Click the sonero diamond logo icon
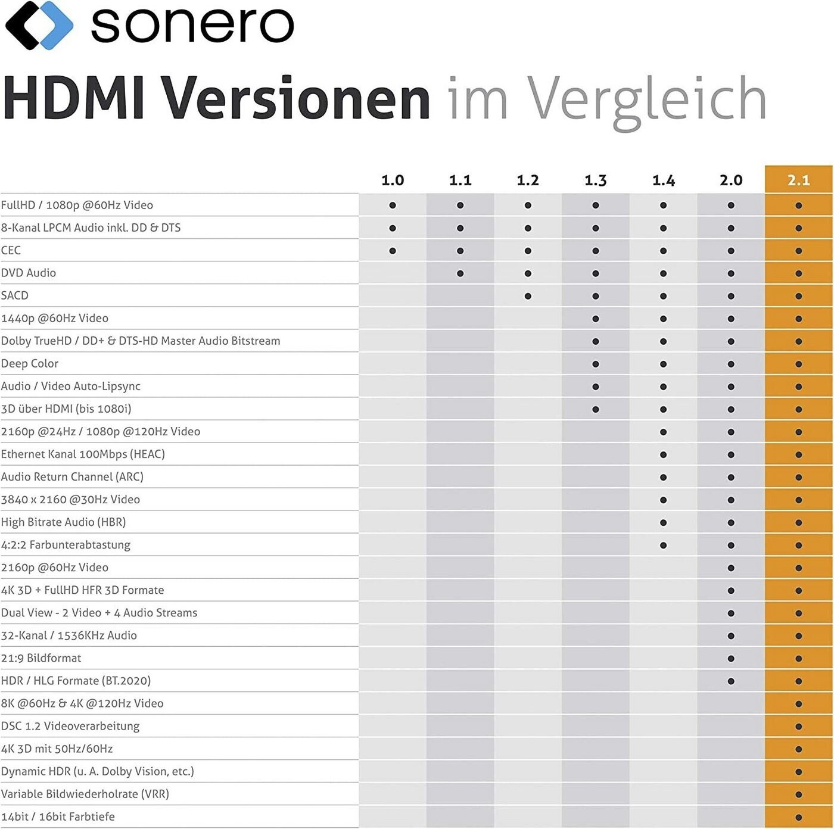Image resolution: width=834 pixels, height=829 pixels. [39, 25]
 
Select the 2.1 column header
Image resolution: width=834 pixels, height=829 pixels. [798, 180]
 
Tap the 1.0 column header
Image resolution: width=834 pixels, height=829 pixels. [393, 180]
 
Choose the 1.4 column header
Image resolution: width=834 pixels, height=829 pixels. [663, 180]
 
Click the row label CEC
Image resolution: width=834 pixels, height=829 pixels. [11, 250]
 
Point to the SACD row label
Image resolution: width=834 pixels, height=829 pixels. [15, 295]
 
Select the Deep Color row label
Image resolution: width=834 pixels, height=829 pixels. [30, 363]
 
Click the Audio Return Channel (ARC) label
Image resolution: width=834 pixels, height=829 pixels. [72, 476]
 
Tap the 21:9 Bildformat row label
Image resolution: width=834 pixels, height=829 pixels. [41, 658]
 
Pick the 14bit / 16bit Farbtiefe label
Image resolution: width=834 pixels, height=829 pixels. [58, 816]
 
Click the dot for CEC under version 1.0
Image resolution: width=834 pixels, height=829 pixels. [393, 251]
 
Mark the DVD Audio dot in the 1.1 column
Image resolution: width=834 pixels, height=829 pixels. [460, 273]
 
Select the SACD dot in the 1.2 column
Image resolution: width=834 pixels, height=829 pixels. [528, 296]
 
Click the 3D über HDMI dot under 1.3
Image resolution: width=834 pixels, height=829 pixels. [596, 409]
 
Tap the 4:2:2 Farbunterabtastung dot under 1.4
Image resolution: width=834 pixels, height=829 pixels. [663, 545]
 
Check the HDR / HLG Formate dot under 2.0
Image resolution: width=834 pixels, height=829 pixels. [731, 681]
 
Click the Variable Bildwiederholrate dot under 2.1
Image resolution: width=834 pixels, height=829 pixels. [798, 794]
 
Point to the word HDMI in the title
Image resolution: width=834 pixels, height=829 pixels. [74, 98]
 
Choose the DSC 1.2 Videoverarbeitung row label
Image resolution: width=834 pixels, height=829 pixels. [70, 726]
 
